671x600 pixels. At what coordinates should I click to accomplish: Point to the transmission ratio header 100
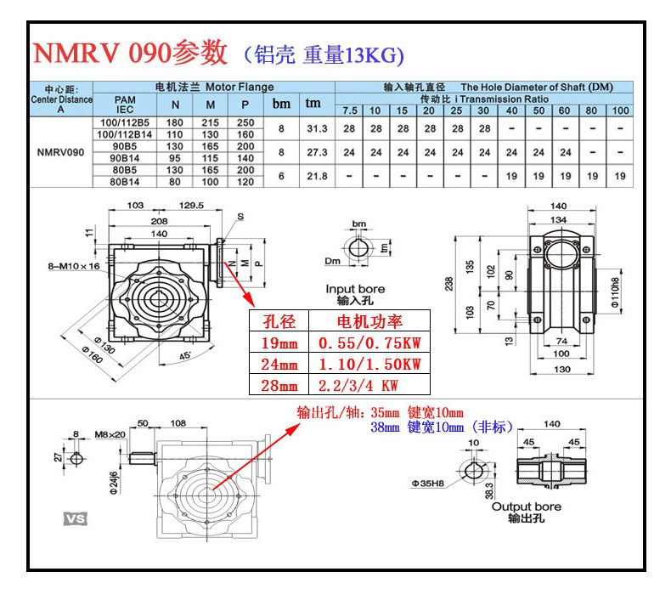(x=621, y=110)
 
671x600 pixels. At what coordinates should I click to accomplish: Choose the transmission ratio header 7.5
(x=350, y=110)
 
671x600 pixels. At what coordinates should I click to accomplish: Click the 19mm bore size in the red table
(x=279, y=342)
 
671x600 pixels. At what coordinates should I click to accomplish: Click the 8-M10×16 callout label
(x=74, y=266)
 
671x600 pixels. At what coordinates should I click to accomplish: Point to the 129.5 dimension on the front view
(x=192, y=206)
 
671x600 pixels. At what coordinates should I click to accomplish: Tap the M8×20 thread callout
(x=111, y=434)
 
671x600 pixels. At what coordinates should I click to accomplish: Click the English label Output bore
(x=527, y=507)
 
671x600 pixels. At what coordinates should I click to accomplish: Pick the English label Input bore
(x=355, y=289)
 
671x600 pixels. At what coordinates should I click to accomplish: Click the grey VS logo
(x=76, y=518)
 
